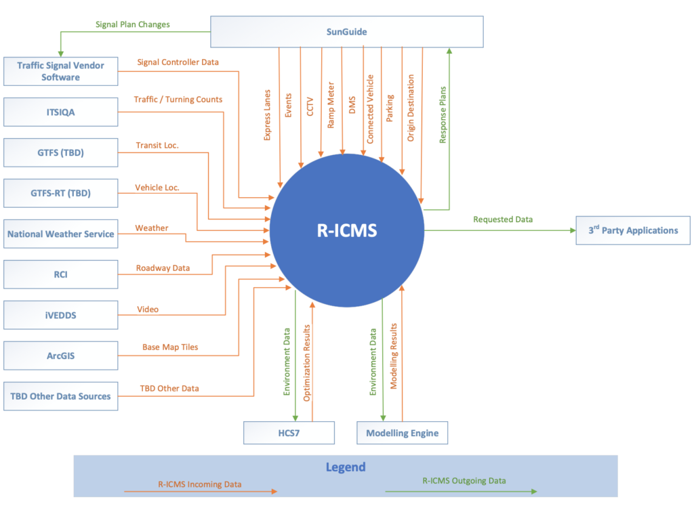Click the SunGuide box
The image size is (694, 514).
347,32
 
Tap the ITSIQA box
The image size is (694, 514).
60,112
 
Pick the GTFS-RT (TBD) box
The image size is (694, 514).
60,193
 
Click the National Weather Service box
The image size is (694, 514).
60,234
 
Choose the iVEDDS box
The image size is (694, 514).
60,315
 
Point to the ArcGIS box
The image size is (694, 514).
60,355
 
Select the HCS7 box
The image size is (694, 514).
289,433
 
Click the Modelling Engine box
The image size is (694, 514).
402,433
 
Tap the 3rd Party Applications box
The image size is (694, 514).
632,230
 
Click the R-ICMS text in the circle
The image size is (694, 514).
347,231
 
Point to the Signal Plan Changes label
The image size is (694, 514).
132,25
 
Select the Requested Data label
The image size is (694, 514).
503,219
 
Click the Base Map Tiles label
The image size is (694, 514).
170,347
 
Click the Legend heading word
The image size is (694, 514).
345,467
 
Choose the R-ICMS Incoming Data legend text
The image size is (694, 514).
199,484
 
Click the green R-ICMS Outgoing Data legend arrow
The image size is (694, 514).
461,492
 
